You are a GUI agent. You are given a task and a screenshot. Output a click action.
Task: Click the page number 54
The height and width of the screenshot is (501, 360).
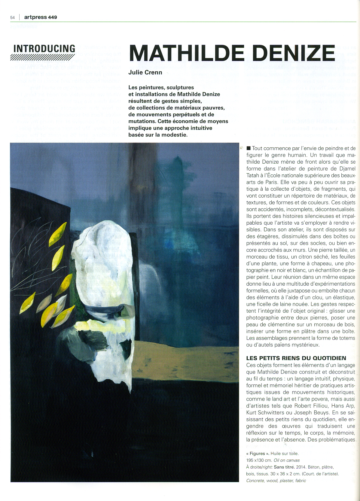point(12,17)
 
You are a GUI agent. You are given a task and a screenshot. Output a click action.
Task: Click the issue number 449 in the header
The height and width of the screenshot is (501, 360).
point(52,17)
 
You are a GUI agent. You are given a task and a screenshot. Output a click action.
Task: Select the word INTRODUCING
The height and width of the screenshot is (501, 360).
point(44,48)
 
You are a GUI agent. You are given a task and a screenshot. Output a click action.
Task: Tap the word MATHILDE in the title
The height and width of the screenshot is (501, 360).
point(186,53)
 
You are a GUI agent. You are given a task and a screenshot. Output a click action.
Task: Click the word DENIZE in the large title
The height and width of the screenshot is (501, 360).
point(290,53)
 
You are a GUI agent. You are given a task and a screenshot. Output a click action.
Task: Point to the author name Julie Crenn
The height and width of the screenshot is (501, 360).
point(145,72)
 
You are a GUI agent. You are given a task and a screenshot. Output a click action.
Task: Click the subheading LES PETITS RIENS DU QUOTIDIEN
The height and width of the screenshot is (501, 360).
point(296,358)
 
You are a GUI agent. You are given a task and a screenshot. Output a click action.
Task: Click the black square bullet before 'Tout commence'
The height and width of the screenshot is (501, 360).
point(249,148)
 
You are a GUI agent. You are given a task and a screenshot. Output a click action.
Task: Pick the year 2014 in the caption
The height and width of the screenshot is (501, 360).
point(301,467)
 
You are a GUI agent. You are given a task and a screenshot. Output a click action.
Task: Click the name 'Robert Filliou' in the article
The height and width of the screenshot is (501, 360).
point(311,406)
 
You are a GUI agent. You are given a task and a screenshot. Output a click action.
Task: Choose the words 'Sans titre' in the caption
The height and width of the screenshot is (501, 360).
point(284,467)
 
